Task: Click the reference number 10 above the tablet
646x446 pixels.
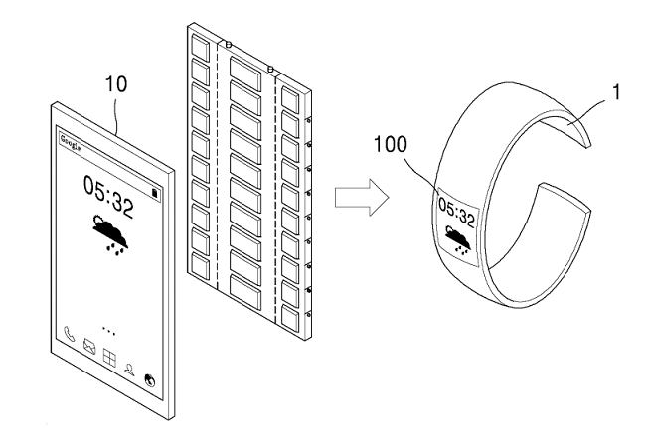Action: pos(116,84)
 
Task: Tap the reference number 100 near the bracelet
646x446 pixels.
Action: pos(391,145)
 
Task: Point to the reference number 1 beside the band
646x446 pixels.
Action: pos(616,92)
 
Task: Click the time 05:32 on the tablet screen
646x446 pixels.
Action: pos(108,196)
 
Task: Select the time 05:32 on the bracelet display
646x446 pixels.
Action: pos(456,211)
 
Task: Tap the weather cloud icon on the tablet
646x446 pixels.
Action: pos(110,233)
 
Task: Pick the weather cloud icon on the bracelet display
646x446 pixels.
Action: pos(458,239)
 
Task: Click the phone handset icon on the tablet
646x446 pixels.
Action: pos(69,334)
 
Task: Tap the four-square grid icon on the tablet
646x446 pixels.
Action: pos(109,358)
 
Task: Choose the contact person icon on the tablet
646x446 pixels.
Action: pos(130,370)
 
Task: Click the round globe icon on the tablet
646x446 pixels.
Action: pos(150,380)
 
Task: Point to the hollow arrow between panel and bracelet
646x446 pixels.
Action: pos(362,197)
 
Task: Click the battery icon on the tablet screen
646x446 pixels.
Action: pos(155,193)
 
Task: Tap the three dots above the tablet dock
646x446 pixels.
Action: pos(108,332)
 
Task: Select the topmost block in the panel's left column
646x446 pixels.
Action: pos(201,46)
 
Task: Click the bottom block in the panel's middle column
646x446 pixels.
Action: pos(245,292)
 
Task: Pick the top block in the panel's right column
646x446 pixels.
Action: pos(290,99)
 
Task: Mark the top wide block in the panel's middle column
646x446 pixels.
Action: pos(245,74)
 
